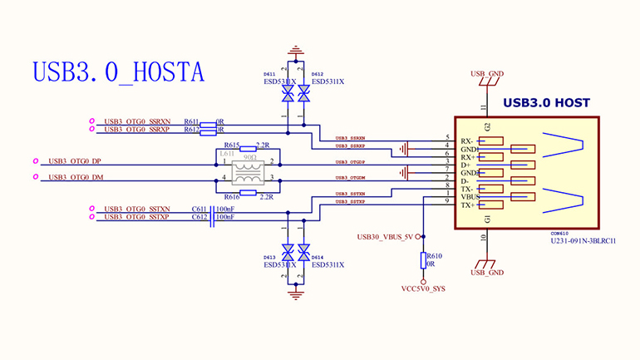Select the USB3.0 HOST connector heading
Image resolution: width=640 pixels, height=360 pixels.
tap(547, 103)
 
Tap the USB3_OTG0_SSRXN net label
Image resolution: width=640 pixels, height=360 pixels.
tap(137, 121)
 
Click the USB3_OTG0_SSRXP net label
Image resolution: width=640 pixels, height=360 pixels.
tap(137, 130)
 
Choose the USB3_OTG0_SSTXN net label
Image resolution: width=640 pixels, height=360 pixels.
tap(137, 209)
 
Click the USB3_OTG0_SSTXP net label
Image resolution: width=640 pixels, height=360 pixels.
tap(137, 217)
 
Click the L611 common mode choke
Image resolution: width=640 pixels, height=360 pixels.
tap(247, 170)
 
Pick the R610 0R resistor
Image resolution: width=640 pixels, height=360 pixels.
tap(424, 259)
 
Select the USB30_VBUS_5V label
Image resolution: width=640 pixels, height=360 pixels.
tap(385, 236)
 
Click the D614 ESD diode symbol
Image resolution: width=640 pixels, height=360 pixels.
tap(304, 250)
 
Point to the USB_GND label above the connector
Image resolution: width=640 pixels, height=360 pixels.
tap(487, 74)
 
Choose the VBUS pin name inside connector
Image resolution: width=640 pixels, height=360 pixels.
tap(470, 197)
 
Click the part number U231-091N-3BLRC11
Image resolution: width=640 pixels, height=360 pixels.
tap(583, 241)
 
